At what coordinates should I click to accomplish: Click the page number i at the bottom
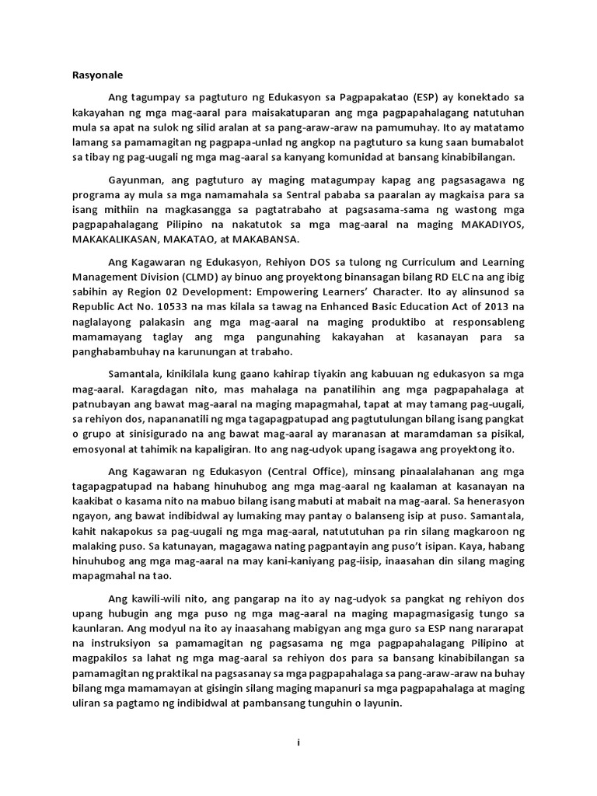coord(298,743)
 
